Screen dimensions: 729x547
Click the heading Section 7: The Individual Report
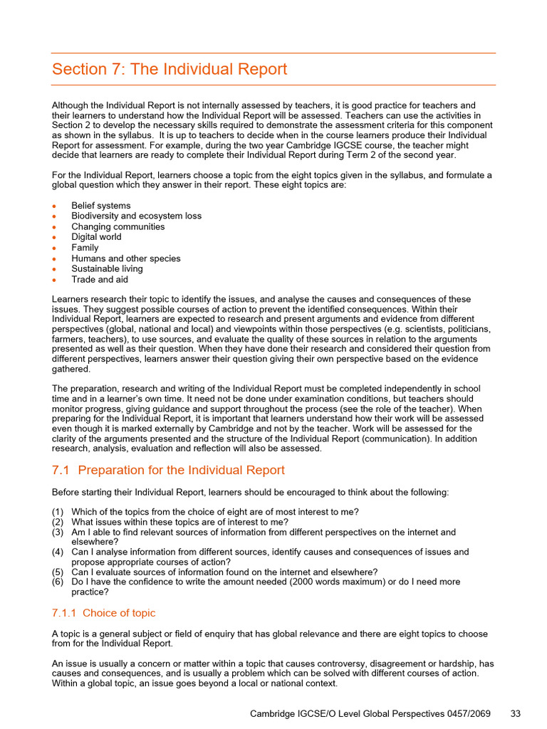point(170,70)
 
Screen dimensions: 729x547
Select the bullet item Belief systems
point(100,206)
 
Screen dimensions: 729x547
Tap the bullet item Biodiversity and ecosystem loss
point(136,216)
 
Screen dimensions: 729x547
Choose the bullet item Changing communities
point(118,226)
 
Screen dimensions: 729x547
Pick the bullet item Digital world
point(96,237)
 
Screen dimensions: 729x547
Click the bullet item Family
point(85,248)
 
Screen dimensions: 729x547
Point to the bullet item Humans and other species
point(125,258)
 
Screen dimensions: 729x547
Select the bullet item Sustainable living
point(107,269)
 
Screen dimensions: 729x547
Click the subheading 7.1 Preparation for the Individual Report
point(168,471)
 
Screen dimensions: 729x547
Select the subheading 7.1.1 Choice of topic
point(103,613)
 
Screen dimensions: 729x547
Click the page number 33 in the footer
point(517,713)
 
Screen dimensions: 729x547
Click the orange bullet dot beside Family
point(54,248)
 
